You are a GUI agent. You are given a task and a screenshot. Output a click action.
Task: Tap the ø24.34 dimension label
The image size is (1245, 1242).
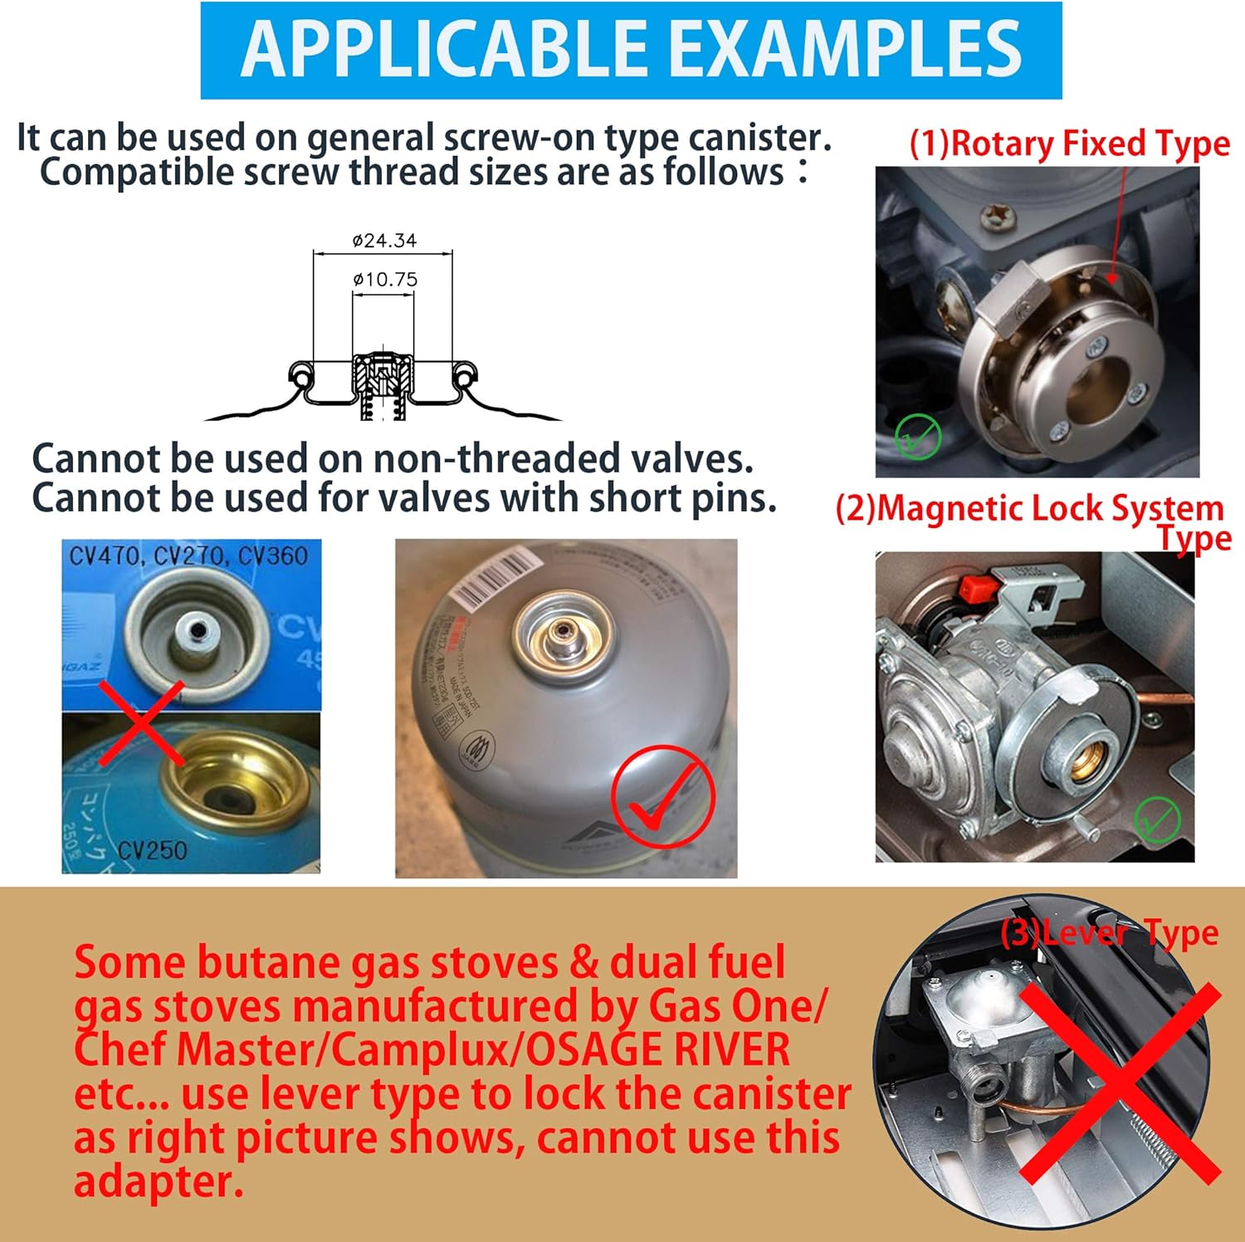point(384,241)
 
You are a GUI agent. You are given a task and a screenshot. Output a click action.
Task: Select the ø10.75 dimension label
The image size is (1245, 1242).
point(385,279)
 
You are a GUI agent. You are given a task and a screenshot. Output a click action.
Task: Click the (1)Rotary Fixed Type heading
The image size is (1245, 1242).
point(1069,144)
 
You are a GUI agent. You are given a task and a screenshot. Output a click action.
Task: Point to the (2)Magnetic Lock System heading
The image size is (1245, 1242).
point(1029,508)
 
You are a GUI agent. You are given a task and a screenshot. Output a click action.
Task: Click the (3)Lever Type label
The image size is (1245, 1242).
point(1109,933)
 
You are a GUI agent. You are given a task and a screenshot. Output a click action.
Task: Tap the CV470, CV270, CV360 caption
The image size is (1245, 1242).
point(188,555)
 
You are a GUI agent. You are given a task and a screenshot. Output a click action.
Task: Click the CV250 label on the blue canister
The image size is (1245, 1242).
point(152,849)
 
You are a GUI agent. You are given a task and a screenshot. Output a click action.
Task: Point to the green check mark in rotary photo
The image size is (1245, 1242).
point(917,435)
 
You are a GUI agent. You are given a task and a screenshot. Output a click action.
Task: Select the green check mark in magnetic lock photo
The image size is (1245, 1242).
point(1156,819)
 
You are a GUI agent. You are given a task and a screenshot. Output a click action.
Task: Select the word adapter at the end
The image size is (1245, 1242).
point(158,1181)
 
